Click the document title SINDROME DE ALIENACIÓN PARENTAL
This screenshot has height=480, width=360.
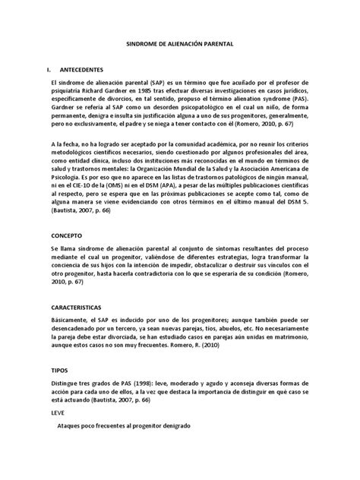point(181,46)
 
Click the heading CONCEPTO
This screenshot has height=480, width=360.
point(68,235)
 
